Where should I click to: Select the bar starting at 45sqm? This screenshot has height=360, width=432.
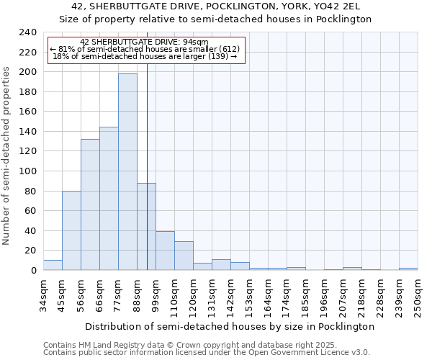click(71, 230)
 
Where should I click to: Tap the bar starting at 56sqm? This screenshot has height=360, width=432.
click(90, 204)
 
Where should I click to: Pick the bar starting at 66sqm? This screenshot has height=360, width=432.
click(109, 199)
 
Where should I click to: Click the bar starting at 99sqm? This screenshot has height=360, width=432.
click(165, 251)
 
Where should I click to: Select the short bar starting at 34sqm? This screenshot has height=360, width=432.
click(53, 265)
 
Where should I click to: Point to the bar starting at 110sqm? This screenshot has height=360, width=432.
click(184, 256)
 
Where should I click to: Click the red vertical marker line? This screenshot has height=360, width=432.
click(147, 180)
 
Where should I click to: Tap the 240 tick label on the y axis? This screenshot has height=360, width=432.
click(27, 32)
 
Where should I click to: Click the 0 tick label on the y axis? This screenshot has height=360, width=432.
click(33, 270)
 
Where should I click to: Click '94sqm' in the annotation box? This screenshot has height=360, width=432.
click(194, 42)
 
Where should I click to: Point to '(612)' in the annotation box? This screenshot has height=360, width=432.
click(228, 49)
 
